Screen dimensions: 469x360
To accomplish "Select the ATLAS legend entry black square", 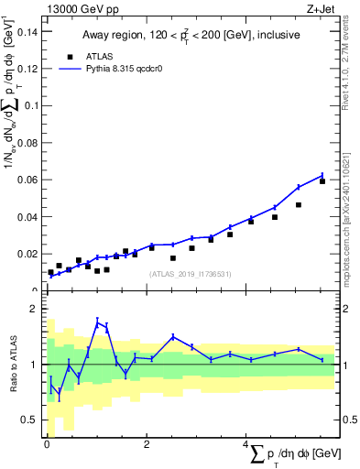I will click(69, 55).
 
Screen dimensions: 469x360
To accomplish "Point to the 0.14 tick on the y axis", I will click(27, 31).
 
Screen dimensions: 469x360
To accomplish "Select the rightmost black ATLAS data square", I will click(322, 181).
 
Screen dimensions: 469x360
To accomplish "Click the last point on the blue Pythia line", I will click(322, 175).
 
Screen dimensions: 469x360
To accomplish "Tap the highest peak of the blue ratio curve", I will click(97, 321).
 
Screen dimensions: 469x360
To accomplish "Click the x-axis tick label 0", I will click(47, 444).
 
